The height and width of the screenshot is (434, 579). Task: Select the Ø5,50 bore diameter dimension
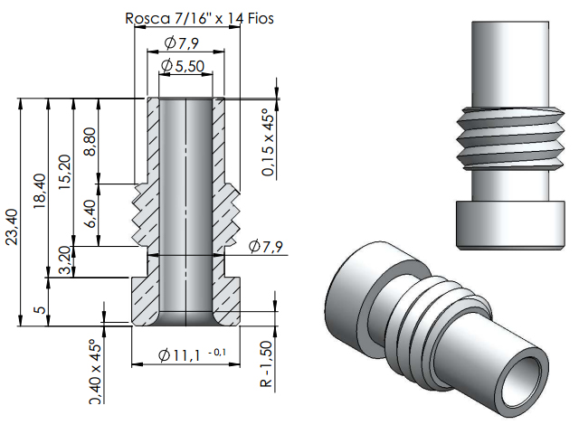185,66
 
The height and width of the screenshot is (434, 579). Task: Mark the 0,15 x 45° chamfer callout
268,145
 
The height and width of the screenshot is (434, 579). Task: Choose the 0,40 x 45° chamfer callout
96,372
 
